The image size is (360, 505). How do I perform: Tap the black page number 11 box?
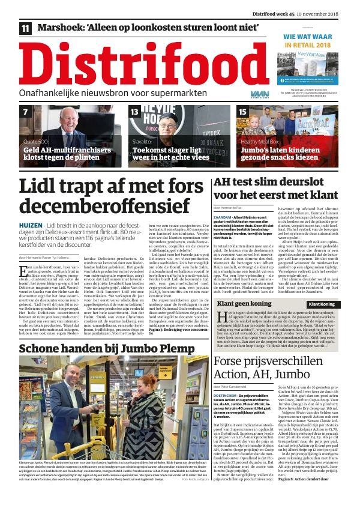pos(25,28)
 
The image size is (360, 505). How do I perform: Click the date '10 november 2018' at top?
pos(329,6)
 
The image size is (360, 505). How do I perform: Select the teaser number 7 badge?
pos(26,112)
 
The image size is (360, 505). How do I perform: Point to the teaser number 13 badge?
pos(135,112)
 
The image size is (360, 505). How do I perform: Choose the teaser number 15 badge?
pos(242,112)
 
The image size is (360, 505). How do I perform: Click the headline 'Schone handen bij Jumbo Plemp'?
pos(109,349)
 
